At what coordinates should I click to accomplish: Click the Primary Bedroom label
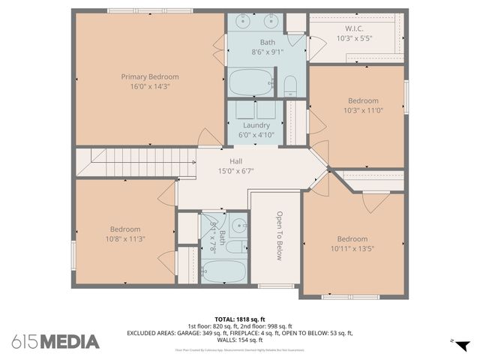tap(150, 76)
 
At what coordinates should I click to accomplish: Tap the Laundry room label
tap(256, 125)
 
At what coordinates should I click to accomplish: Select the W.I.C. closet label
tap(355, 28)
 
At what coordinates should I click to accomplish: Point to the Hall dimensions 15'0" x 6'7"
tap(236, 171)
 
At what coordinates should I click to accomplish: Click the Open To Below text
tap(279, 235)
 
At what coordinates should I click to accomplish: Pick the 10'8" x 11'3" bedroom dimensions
tap(125, 239)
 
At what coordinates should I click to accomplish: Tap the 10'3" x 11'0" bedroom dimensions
tap(363, 110)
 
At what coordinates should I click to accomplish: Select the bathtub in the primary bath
tap(252, 81)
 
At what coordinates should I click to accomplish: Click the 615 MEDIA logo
tap(55, 341)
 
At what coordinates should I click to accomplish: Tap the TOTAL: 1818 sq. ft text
tap(239, 318)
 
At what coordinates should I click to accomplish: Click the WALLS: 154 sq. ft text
tap(239, 340)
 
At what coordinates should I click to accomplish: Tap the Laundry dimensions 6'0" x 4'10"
tap(256, 135)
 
